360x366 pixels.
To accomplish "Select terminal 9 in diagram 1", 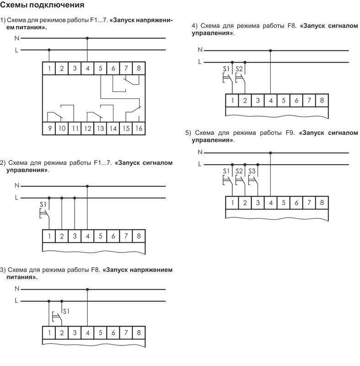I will pos(49,129).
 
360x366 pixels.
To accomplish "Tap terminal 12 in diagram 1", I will pos(87,129).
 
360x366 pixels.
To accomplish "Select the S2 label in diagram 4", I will pos(239,69).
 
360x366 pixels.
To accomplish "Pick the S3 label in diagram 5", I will pos(252,171).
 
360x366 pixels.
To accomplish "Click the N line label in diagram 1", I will pos(16,39).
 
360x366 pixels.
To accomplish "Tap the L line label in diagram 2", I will pos(16,198).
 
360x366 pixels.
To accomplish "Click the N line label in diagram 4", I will pos(199,50).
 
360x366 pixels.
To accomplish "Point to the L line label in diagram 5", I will pos(199,163).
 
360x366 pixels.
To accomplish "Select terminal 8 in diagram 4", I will pos(322,100).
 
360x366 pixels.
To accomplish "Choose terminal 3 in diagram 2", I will pos(75,236).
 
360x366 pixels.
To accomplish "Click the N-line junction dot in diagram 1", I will pos(87,39).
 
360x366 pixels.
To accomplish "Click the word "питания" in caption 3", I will pos(21,277).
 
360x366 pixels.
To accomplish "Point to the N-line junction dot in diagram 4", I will pos(270,50).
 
